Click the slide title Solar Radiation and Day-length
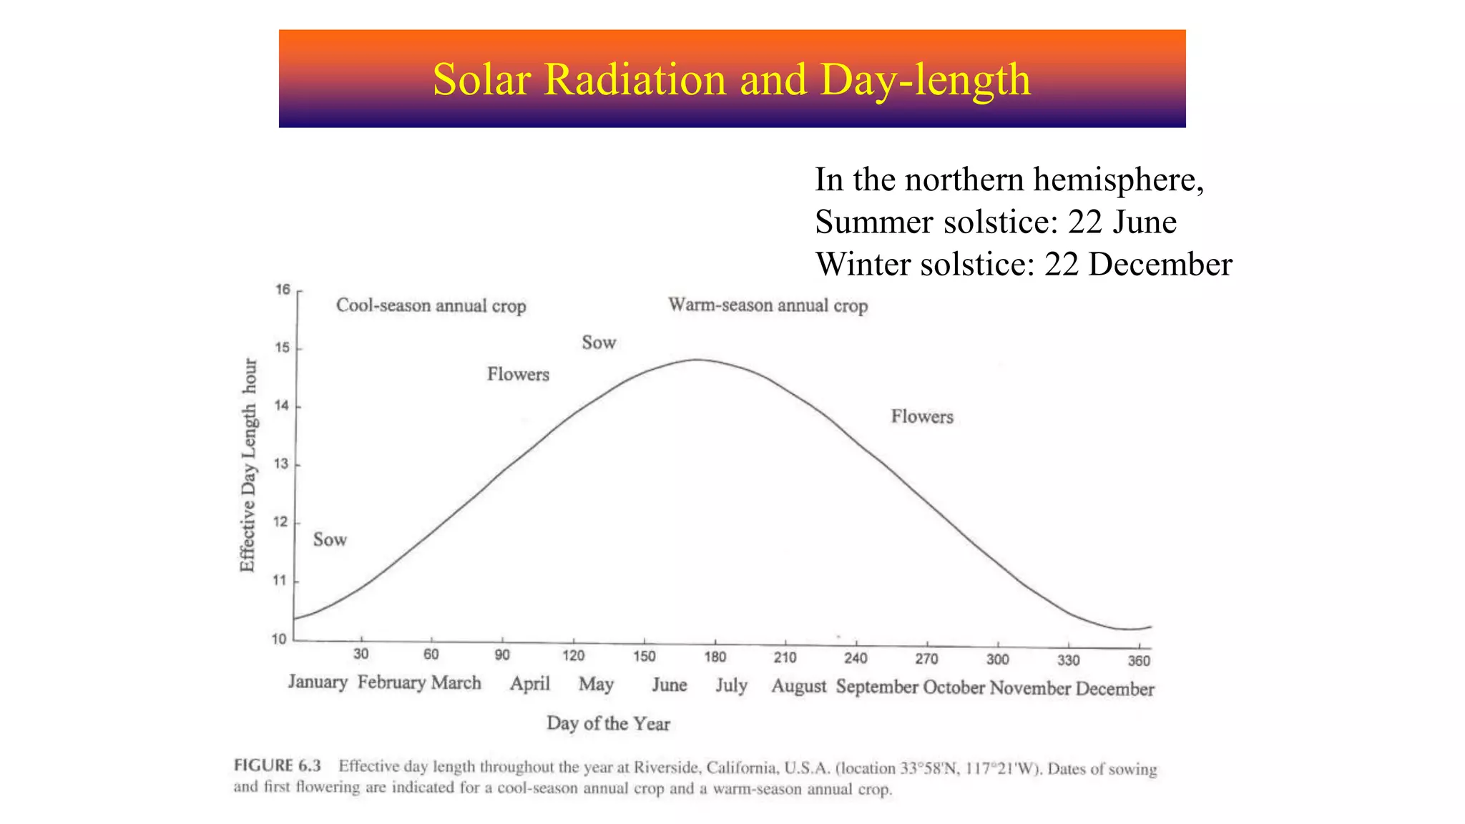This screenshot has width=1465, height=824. point(731,79)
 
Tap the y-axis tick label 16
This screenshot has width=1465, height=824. point(283,290)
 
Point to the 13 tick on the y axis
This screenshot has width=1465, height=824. point(282,464)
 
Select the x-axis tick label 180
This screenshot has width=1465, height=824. point(715,657)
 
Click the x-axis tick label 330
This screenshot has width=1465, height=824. point(1068,659)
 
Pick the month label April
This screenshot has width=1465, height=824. point(529,684)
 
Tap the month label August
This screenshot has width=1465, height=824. point(798,687)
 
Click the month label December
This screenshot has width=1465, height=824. point(1114,689)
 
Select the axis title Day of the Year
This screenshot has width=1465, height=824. point(608,723)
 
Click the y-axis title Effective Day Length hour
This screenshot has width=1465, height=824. point(248,465)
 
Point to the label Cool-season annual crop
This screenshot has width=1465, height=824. point(431,306)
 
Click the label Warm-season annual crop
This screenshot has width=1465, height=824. point(768,305)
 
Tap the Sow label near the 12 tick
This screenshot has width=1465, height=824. point(330,539)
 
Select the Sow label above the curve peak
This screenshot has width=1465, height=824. point(599,343)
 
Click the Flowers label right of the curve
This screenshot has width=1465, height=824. point(921,416)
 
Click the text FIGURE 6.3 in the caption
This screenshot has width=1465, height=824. point(277,765)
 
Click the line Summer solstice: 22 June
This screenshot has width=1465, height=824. point(995,222)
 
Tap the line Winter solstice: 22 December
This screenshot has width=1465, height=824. point(1023,264)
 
